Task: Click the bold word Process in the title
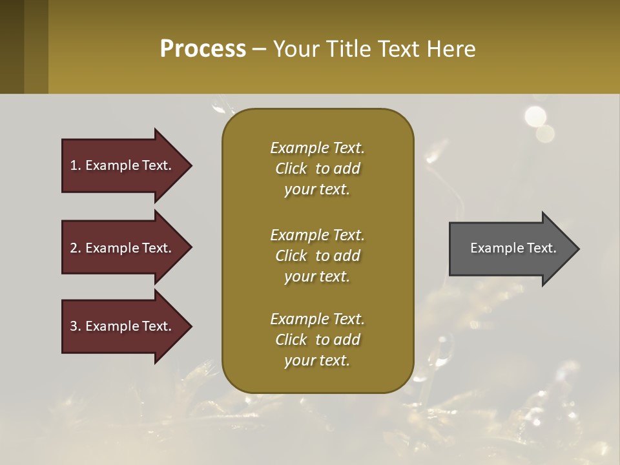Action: [x=203, y=49]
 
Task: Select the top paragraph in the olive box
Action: [x=317, y=169]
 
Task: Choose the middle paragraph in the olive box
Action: [x=317, y=256]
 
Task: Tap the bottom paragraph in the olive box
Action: [x=317, y=340]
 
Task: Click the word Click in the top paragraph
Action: [x=291, y=169]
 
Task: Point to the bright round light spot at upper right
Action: [x=535, y=116]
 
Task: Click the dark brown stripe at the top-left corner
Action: [x=12, y=46]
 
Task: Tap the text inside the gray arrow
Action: [x=513, y=248]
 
